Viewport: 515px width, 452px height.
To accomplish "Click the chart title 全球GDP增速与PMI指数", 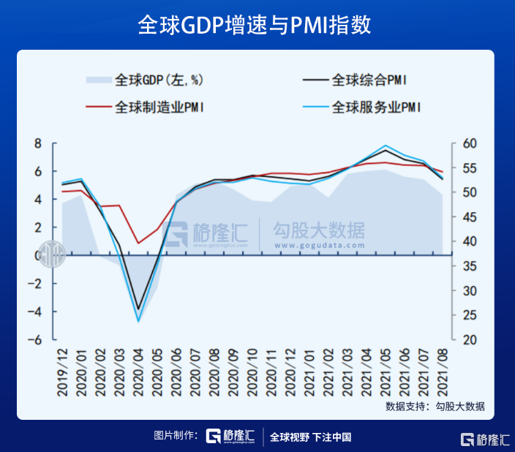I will point(257,24).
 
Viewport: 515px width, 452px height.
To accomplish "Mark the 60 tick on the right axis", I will point(468,143).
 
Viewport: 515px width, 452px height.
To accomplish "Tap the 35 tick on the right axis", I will point(468,266).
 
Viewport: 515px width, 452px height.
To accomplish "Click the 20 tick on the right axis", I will point(468,339).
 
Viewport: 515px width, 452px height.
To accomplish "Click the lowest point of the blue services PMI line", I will point(138,321).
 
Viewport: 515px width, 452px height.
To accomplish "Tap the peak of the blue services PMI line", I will point(386,146).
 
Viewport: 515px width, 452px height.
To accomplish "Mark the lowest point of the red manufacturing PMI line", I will point(138,243).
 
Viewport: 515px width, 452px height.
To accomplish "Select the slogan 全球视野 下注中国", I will point(310,437).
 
